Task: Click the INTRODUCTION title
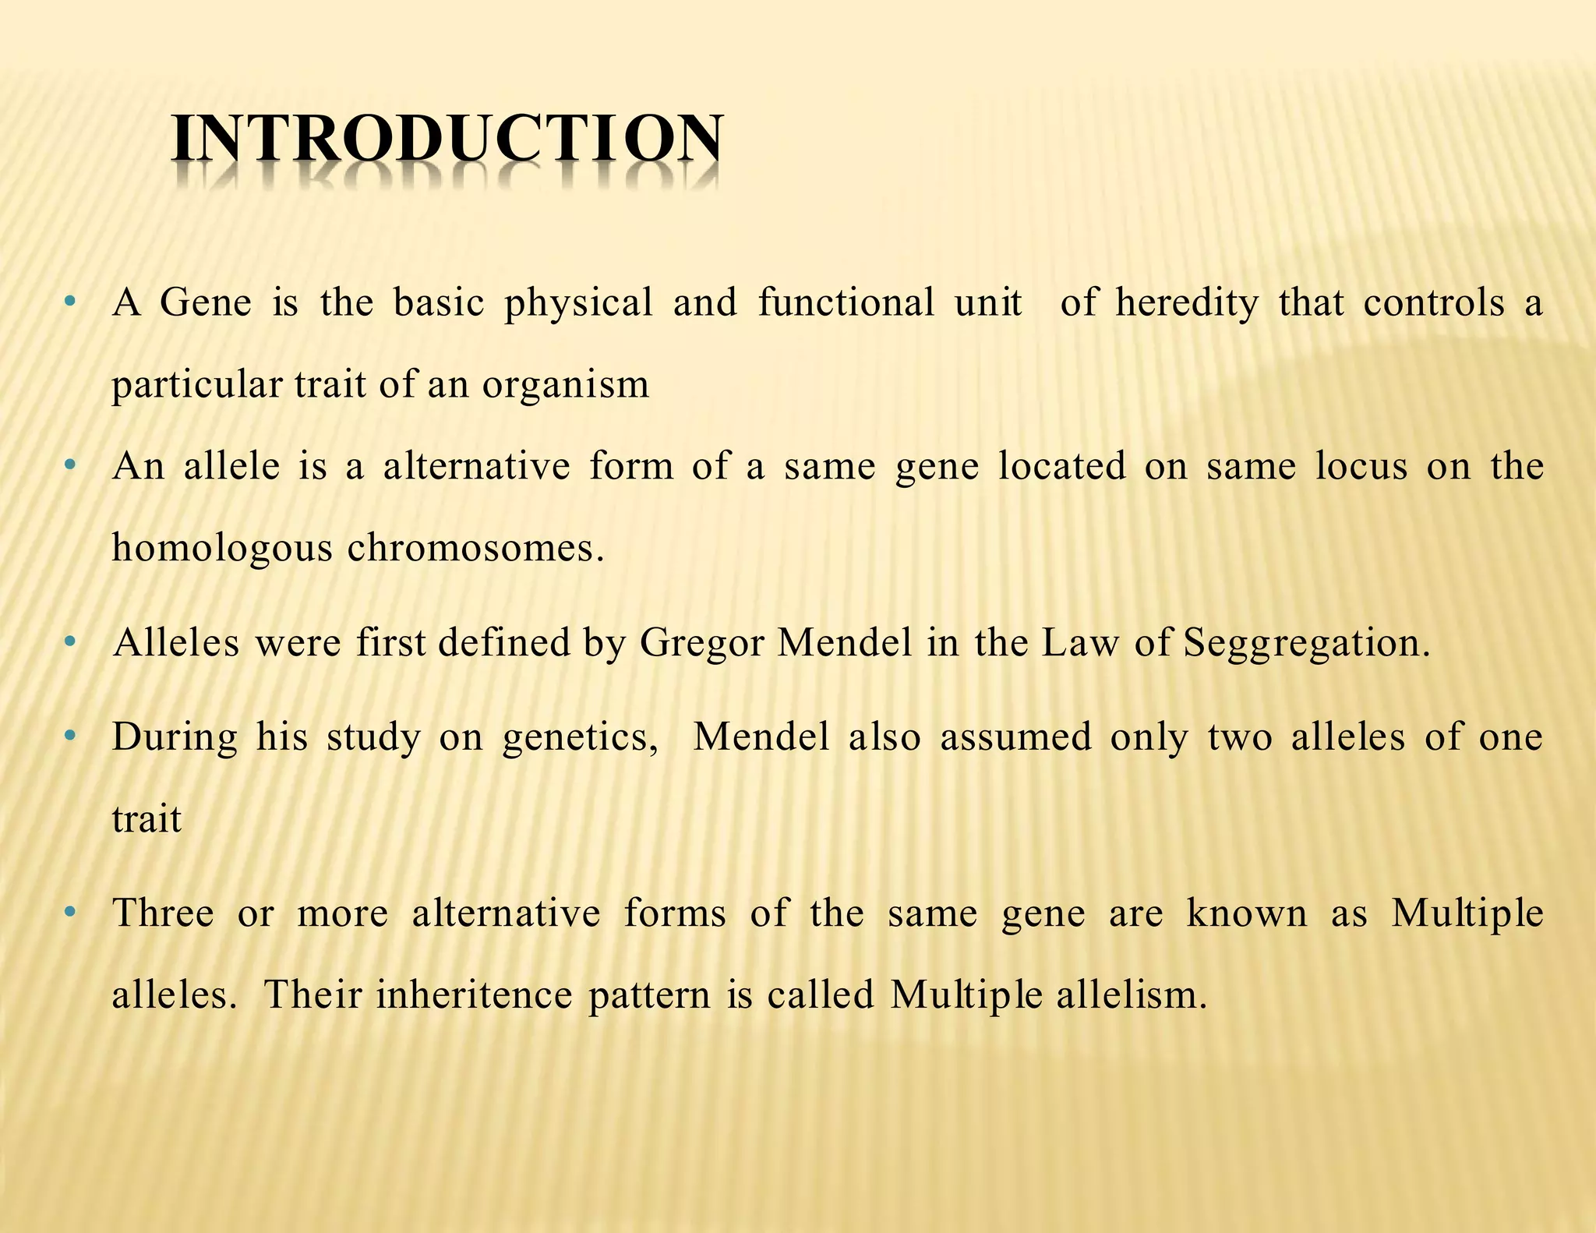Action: tap(447, 139)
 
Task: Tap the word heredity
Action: tap(1186, 303)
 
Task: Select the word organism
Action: tap(565, 385)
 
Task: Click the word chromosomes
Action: tap(475, 548)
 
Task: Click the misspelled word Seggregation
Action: tap(1306, 644)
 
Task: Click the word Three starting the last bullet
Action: tap(163, 913)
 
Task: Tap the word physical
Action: tap(578, 303)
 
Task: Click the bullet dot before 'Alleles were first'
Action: tap(71, 642)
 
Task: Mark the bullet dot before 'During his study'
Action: tap(71, 736)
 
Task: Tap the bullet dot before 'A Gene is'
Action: tap(71, 301)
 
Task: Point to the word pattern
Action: tap(649, 995)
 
